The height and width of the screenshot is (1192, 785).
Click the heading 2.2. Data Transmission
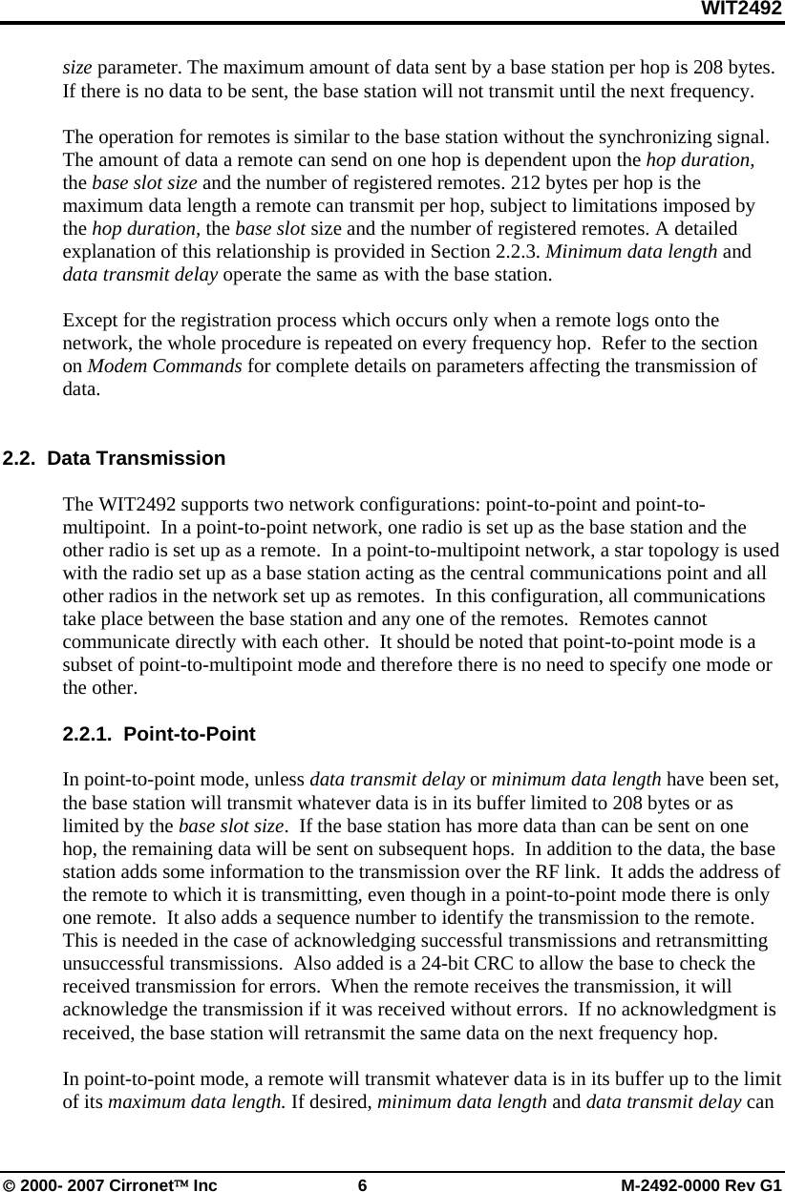(x=115, y=458)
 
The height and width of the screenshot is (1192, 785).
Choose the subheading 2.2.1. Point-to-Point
(x=159, y=735)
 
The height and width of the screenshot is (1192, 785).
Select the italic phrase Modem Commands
(x=165, y=366)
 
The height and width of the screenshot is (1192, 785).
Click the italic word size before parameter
(x=77, y=69)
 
